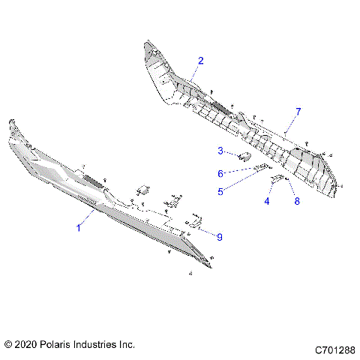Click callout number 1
(x=79, y=229)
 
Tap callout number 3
(x=220, y=151)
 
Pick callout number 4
(x=267, y=201)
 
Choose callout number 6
(x=220, y=173)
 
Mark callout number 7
(x=298, y=111)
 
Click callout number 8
(x=296, y=201)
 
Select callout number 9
(x=219, y=237)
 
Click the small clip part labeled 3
(x=244, y=157)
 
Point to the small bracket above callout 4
(x=277, y=180)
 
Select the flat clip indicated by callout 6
(x=261, y=167)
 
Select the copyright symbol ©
(x=8, y=344)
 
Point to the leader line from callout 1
(x=86, y=220)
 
